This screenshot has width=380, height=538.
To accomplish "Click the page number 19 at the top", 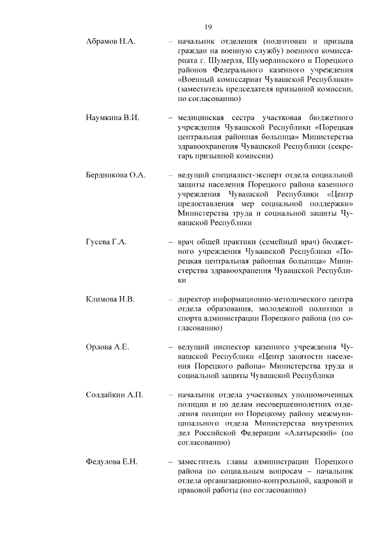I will pyautogui.click(x=208, y=27).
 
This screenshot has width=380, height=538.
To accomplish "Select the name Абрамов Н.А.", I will pyautogui.click(x=111, y=42).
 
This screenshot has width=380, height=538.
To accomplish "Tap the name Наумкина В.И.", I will pyautogui.click(x=113, y=118).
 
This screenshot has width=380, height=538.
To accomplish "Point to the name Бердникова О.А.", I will pyautogui.click(x=116, y=175).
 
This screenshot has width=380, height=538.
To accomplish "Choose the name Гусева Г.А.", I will pyautogui.click(x=107, y=243).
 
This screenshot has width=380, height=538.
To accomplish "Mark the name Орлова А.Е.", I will pyautogui.click(x=107, y=347).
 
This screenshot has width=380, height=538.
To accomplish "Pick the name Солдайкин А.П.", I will pyautogui.click(x=115, y=394).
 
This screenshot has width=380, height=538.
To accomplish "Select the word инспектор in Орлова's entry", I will pyautogui.click(x=227, y=347).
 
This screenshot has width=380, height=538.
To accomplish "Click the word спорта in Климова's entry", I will pyautogui.click(x=190, y=318).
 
